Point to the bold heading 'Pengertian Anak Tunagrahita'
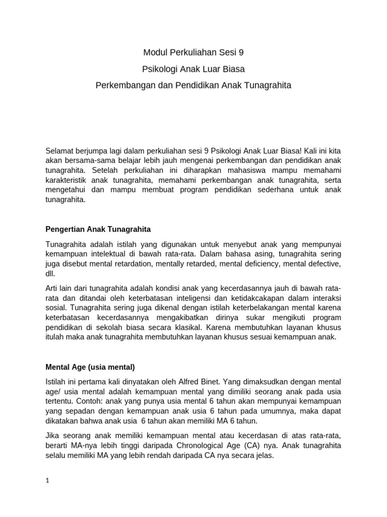(98, 229)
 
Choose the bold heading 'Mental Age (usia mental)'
(91, 367)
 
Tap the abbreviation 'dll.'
(50, 273)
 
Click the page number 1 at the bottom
(47, 481)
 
